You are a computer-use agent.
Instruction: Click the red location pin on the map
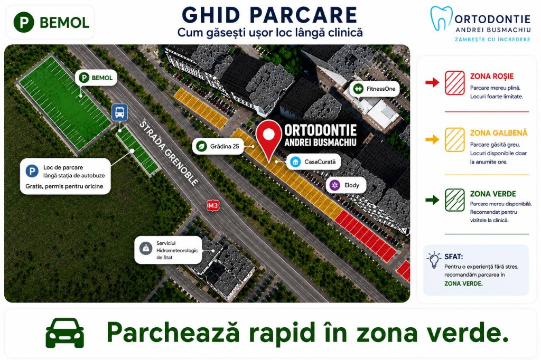(x=268, y=137)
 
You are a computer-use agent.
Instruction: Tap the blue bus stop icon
(x=119, y=112)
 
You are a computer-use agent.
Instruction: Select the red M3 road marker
(x=213, y=206)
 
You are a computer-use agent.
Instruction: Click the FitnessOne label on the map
(x=375, y=89)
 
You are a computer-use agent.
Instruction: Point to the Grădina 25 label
(x=218, y=146)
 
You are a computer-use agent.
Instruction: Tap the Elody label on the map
(x=346, y=185)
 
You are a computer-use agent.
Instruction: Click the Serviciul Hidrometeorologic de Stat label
(x=169, y=250)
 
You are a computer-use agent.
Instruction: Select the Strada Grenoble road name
(x=169, y=153)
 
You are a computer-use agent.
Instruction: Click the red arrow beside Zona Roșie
(x=432, y=82)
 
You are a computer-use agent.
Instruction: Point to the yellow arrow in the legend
(x=432, y=139)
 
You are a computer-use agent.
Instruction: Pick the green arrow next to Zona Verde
(x=432, y=200)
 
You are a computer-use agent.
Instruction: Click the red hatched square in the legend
(x=454, y=83)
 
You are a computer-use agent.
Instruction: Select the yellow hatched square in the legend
(x=454, y=140)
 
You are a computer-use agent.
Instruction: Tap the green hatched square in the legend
(x=454, y=200)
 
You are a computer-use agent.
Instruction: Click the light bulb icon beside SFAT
(x=434, y=260)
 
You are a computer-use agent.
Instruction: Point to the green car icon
(x=65, y=333)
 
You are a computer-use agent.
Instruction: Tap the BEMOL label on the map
(x=96, y=78)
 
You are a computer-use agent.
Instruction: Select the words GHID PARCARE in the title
(x=269, y=15)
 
